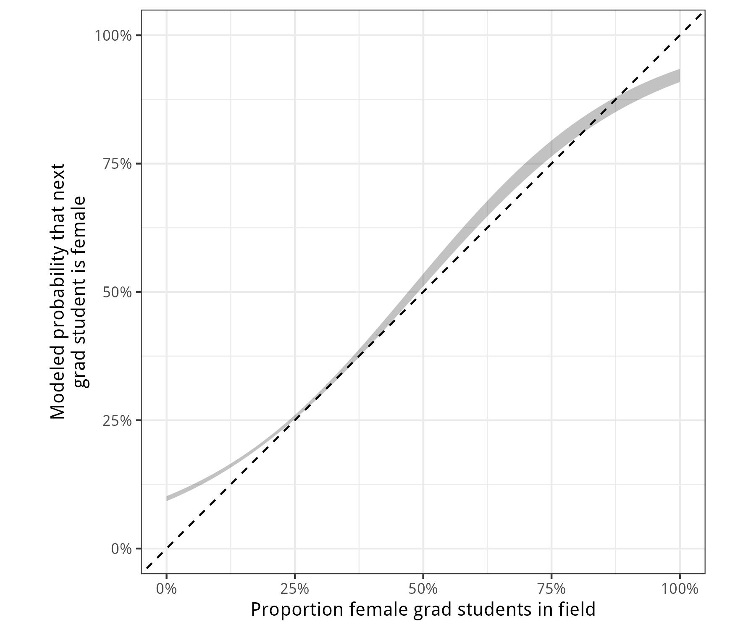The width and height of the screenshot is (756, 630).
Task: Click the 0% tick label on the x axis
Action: (166, 589)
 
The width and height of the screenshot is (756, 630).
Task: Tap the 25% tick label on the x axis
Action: (294, 589)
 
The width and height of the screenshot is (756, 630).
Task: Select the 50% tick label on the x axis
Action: (423, 589)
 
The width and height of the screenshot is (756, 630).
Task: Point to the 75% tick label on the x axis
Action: (551, 589)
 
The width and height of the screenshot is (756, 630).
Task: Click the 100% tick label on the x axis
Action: (679, 589)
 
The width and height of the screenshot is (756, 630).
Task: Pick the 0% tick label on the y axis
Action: (121, 549)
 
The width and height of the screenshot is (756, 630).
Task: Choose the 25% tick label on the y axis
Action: (117, 420)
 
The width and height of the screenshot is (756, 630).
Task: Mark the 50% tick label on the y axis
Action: (117, 292)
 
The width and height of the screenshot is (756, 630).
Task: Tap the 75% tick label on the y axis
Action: (117, 164)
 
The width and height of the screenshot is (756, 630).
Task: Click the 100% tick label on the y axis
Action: (113, 36)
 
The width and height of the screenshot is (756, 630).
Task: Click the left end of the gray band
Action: (167, 498)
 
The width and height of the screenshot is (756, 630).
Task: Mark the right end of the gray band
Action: (679, 76)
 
